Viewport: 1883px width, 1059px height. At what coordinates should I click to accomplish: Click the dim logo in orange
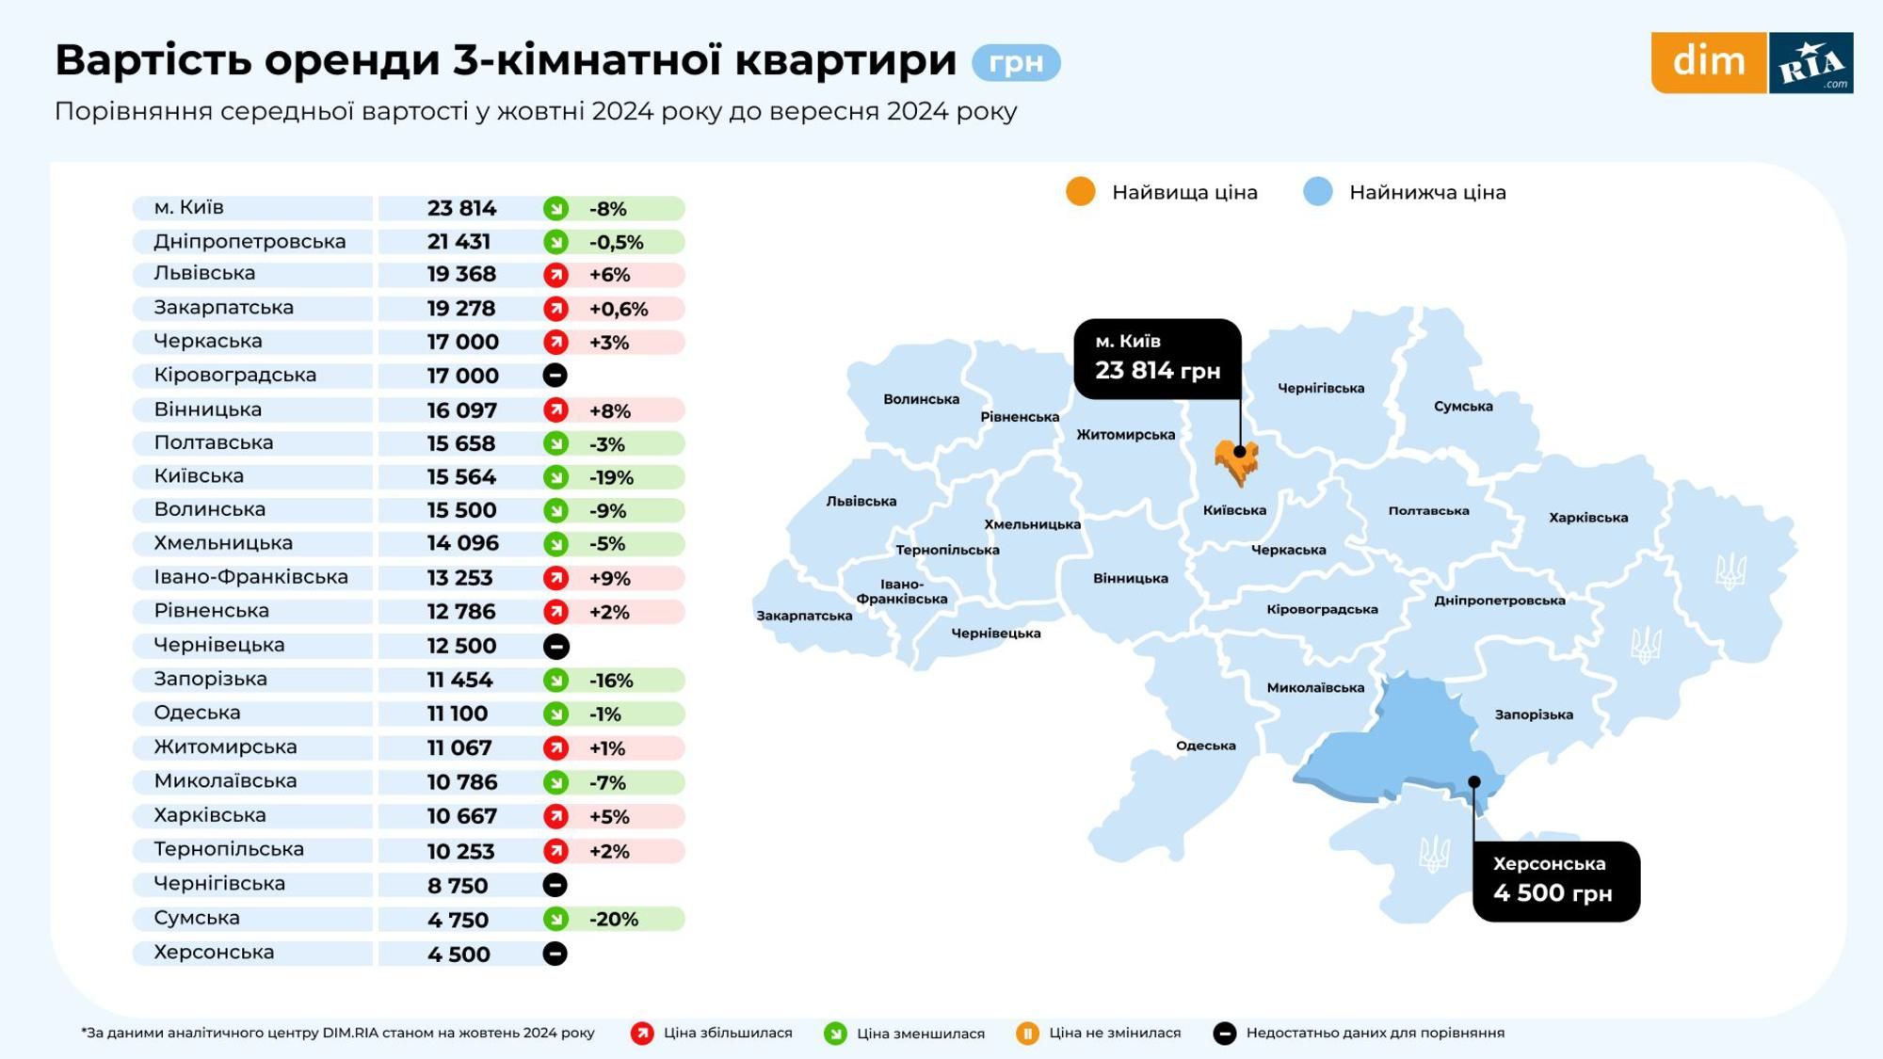click(1708, 62)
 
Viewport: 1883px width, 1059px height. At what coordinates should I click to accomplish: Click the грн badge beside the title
click(1016, 62)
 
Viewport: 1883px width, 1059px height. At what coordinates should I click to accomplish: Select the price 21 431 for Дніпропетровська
click(459, 242)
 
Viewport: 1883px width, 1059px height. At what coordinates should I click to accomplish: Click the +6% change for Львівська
click(609, 275)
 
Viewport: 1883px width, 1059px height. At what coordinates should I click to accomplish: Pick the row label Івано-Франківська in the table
click(250, 577)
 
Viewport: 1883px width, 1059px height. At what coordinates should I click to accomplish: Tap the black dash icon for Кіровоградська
click(555, 376)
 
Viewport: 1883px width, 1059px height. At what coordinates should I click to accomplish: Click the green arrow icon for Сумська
click(555, 919)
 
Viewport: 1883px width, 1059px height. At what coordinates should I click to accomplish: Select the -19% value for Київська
click(611, 477)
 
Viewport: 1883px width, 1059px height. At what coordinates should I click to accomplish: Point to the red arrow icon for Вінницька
click(555, 410)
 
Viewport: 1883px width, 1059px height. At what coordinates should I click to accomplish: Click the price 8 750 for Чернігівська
click(458, 886)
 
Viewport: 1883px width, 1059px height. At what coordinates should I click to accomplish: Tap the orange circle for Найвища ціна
click(1080, 192)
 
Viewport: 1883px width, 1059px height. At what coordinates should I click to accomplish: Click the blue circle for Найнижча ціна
click(1318, 192)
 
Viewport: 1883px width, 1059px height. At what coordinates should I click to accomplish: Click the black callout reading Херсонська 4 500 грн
click(1555, 881)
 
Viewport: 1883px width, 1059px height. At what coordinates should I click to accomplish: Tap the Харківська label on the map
click(1588, 517)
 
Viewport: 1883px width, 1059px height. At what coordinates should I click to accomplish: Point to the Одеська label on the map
click(1205, 746)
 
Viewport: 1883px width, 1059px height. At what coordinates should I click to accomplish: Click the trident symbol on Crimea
click(1434, 854)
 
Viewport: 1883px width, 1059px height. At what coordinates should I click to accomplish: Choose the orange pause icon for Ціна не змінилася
click(1027, 1034)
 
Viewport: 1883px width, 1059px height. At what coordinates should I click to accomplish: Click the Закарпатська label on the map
click(804, 616)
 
